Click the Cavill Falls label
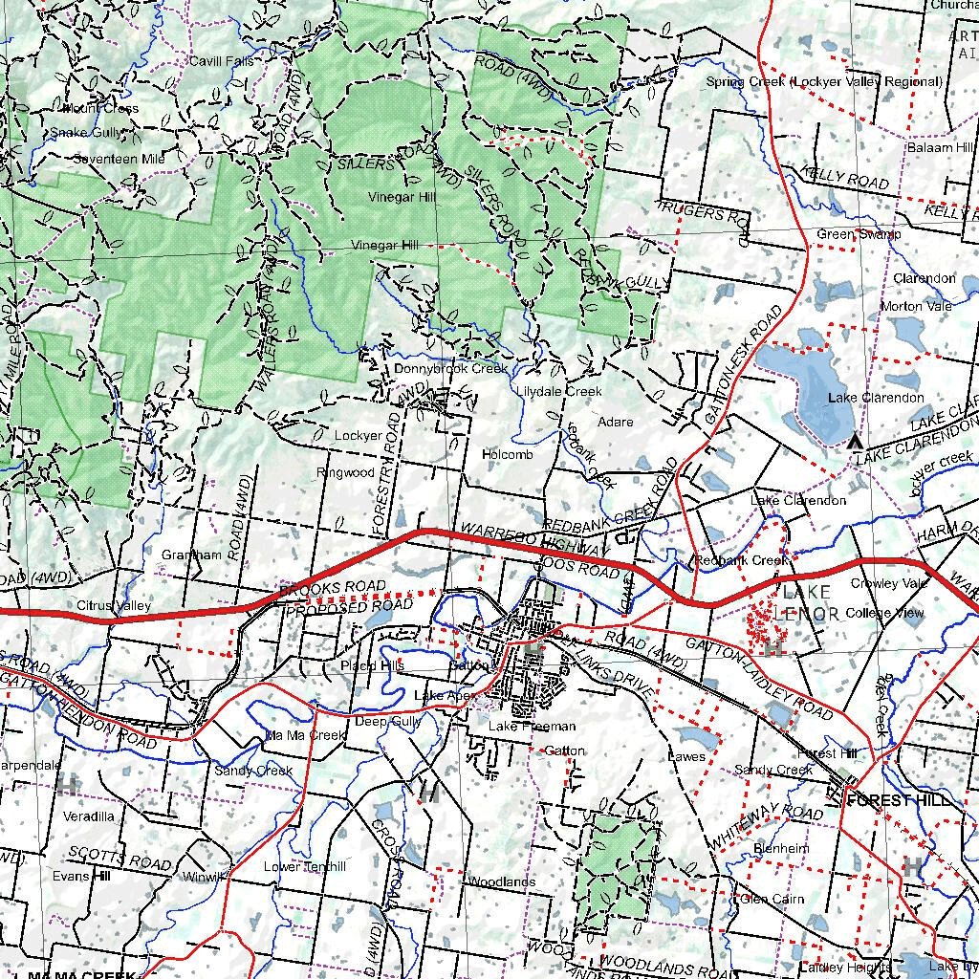221,61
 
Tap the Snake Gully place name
87,133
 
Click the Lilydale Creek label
559,391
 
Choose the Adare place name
615,422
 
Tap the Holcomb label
508,455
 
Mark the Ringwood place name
346,473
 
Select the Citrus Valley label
115,606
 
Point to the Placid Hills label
373,665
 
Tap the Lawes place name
686,756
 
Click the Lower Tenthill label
305,867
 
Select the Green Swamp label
859,234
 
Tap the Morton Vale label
916,306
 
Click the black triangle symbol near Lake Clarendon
855,441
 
